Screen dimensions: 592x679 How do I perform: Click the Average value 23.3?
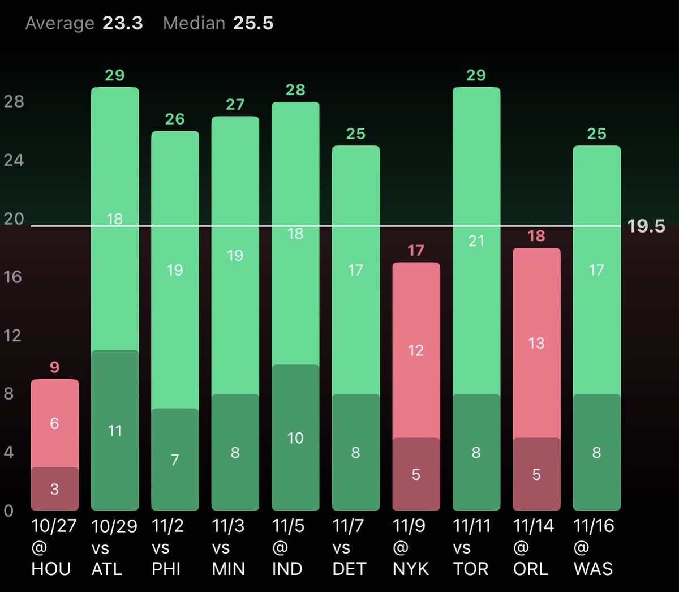pyautogui.click(x=122, y=23)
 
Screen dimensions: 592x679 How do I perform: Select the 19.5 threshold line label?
pyautogui.click(x=646, y=226)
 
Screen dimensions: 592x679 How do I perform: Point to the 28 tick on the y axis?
pyautogui.click(x=14, y=101)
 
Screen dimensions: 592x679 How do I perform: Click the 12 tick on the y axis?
pyautogui.click(x=12, y=335)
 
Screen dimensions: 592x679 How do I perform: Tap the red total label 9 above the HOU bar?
pyautogui.click(x=54, y=367)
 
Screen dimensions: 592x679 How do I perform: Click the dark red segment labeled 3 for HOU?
pyautogui.click(x=54, y=488)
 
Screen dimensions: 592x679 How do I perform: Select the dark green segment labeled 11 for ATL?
pyautogui.click(x=115, y=431)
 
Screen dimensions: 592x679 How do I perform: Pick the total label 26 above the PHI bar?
pyautogui.click(x=175, y=119)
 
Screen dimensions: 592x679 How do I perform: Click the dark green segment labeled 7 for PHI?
pyautogui.click(x=175, y=460)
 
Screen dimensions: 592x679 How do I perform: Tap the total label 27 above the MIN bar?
pyautogui.click(x=235, y=104)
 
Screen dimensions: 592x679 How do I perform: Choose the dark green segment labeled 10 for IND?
pyautogui.click(x=295, y=437)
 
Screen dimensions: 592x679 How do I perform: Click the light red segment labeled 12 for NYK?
pyautogui.click(x=416, y=350)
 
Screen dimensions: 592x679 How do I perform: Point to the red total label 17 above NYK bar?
pyautogui.click(x=416, y=250)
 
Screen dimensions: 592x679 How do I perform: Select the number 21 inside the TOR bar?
pyautogui.click(x=476, y=241)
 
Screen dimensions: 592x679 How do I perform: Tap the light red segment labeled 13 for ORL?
pyautogui.click(x=536, y=343)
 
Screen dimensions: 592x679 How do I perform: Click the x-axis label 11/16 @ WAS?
pyautogui.click(x=594, y=547)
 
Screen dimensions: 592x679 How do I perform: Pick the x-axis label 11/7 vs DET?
pyautogui.click(x=350, y=547)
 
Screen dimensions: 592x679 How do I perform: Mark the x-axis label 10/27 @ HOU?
pyautogui.click(x=53, y=547)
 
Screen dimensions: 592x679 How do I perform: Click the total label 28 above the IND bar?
pyautogui.click(x=295, y=89)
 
